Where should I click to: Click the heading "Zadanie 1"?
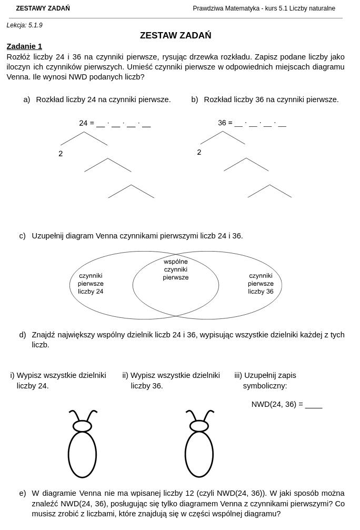coord(24,46)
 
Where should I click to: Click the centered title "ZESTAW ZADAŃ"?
coord(175,35)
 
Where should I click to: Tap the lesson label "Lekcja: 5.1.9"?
coord(24,25)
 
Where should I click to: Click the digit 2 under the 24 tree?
coord(61,154)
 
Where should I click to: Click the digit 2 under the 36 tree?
coord(199,153)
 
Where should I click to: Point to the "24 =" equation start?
coord(86,123)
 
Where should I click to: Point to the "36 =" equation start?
coord(225,123)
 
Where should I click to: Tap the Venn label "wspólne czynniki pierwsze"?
coord(175,269)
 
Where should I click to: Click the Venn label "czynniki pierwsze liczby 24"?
coord(91,284)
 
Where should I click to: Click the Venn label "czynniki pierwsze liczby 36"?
coord(261,284)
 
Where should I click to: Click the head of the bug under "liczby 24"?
coord(83,426)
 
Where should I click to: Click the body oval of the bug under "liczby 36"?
coord(199,455)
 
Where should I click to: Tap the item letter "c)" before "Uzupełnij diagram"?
coord(22,236)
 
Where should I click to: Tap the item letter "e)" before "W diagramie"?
coord(22,494)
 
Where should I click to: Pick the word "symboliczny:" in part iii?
coord(265,386)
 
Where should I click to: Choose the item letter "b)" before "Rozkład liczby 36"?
coord(195,99)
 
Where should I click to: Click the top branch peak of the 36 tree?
coord(223,131)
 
